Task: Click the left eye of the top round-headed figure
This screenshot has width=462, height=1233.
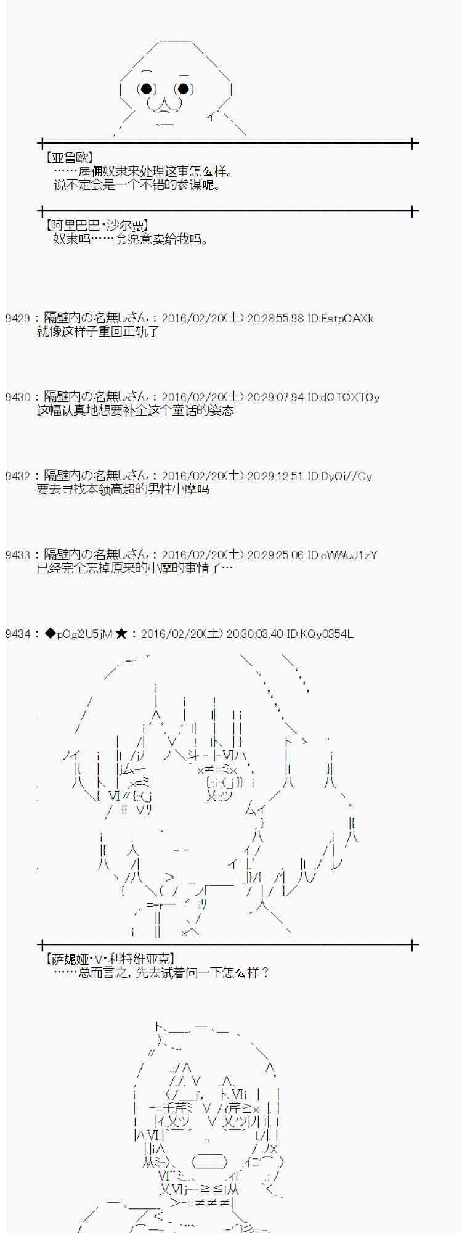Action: pos(146,89)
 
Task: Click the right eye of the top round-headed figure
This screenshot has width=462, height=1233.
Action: pos(183,89)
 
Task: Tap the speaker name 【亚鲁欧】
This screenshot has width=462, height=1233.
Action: pos(70,158)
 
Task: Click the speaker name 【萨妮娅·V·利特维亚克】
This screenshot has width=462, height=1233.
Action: pos(110,959)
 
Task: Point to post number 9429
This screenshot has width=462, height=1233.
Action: pos(17,319)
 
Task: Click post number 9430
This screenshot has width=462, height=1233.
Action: pos(17,398)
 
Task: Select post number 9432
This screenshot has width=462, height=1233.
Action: pos(17,477)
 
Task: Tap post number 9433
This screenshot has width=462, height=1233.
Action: pos(17,555)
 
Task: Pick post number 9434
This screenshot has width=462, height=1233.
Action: pos(17,634)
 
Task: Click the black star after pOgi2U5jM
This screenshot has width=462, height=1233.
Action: pos(121,634)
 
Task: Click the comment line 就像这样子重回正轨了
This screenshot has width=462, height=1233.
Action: pos(98,332)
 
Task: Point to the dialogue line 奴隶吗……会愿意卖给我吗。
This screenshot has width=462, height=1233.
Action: pos(130,239)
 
